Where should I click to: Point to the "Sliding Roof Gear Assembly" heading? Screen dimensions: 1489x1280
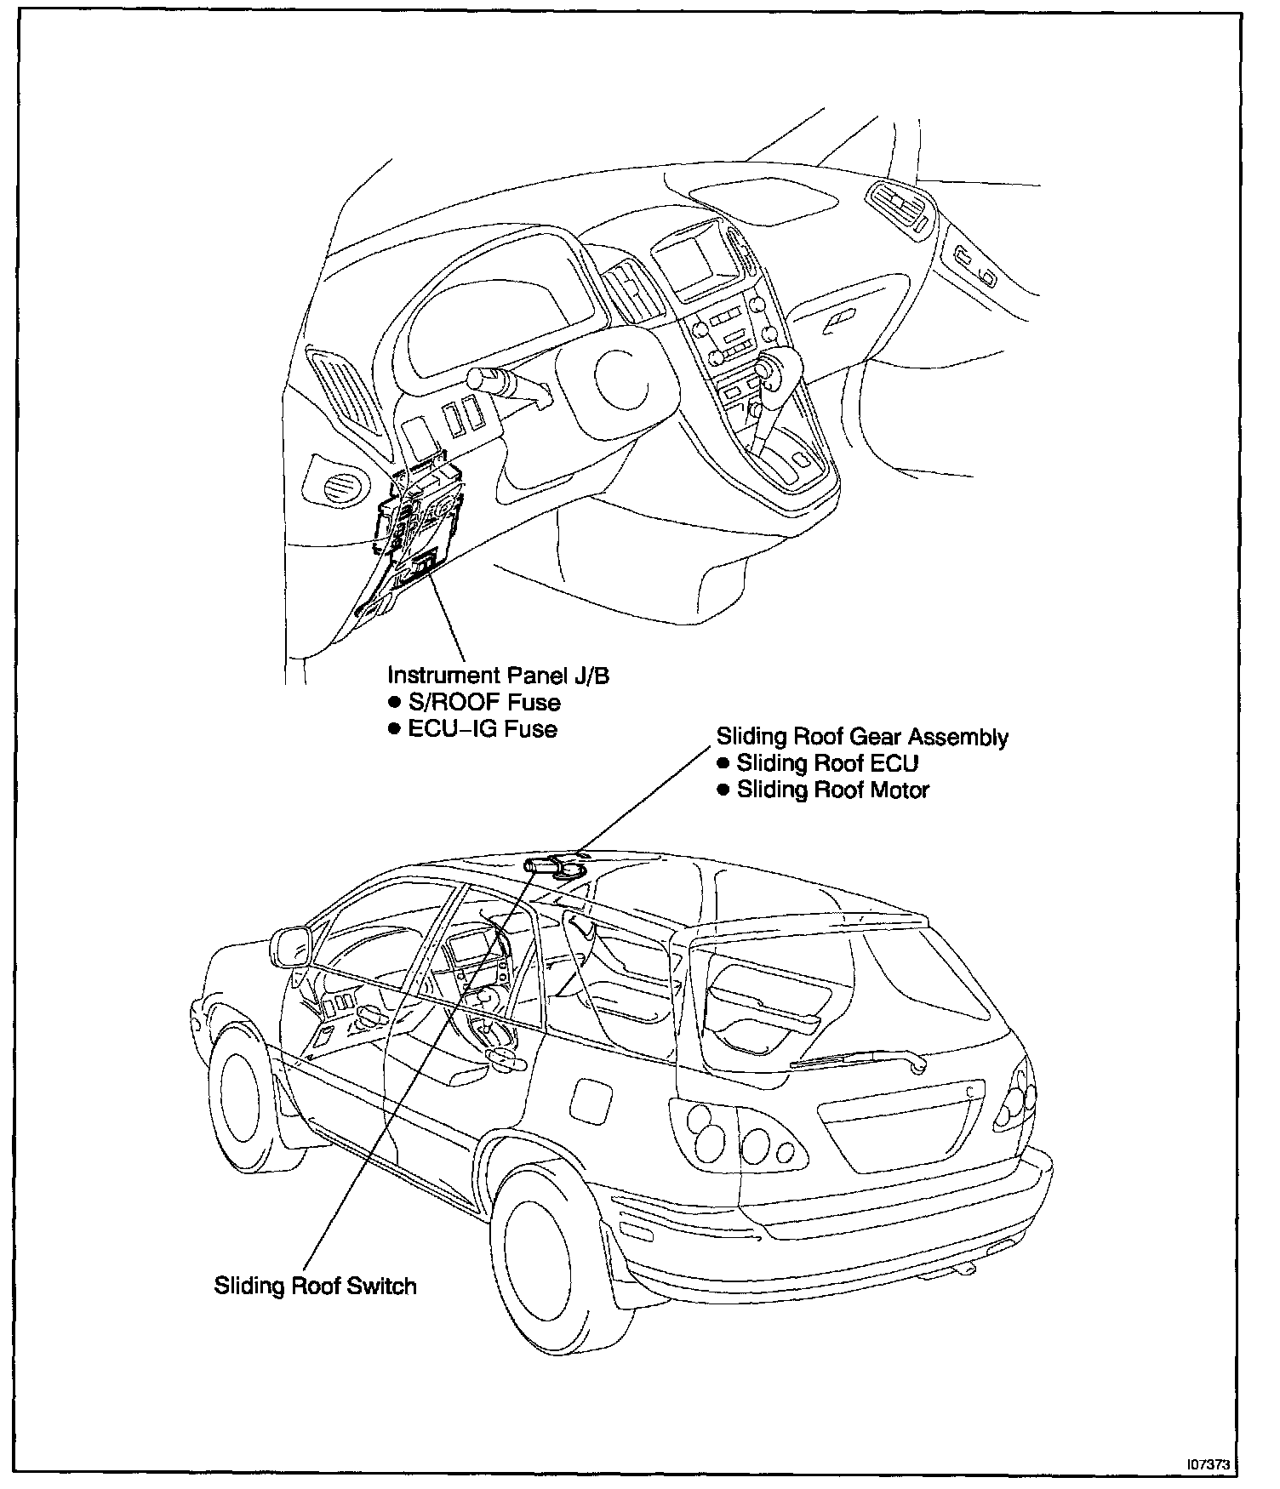pyautogui.click(x=862, y=737)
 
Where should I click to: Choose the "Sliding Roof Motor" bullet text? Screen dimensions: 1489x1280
pyautogui.click(x=832, y=790)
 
